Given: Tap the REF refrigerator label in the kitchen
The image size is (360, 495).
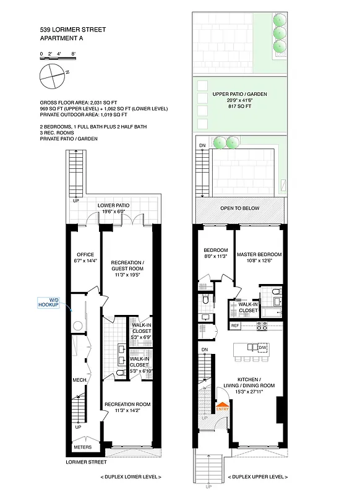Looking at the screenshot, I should click(235, 325).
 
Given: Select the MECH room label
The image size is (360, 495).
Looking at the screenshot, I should click(79, 380).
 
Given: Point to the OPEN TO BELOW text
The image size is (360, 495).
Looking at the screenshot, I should click(240, 209).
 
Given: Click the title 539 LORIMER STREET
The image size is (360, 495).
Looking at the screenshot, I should click(72, 29).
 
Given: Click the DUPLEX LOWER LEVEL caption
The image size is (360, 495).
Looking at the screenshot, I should click(131, 477).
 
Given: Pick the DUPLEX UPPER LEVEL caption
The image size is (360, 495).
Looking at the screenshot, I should click(257, 477).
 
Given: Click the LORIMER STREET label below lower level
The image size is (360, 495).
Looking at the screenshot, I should click(86, 462).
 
